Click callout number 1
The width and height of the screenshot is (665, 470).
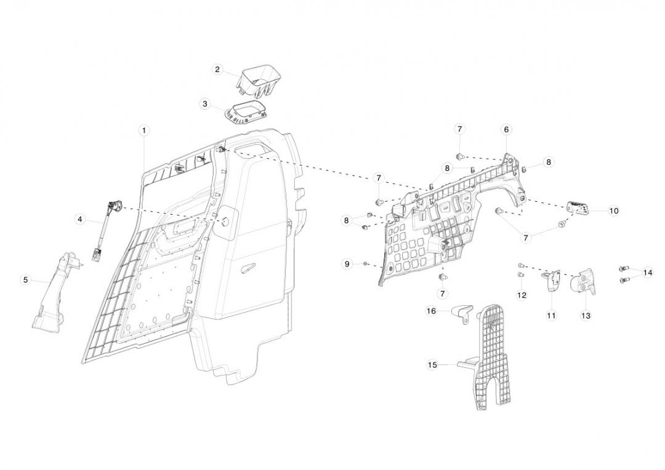click(144, 130)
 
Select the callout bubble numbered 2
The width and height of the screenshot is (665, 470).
click(217, 70)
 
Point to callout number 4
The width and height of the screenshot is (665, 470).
click(80, 218)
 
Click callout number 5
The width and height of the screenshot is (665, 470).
click(25, 280)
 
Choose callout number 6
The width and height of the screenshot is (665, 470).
click(506, 130)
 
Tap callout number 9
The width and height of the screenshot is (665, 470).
click(347, 264)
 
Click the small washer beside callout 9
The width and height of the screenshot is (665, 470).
click(366, 264)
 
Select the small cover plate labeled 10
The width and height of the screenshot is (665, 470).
click(577, 208)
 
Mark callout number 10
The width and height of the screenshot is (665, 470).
click(614, 210)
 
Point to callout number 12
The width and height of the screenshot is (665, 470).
click(522, 295)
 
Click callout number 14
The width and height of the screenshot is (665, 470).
click(647, 272)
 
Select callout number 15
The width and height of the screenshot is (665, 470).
click(432, 365)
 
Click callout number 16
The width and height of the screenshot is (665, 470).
click(432, 311)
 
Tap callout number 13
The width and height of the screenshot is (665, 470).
click(586, 315)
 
